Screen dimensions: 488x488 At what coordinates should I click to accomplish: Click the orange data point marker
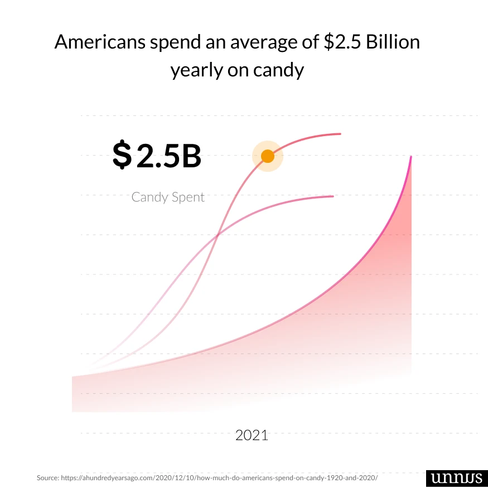(268, 156)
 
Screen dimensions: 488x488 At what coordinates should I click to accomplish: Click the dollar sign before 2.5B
(122, 155)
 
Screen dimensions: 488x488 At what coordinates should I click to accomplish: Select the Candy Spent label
(168, 197)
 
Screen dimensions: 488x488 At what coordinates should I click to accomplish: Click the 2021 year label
(252, 435)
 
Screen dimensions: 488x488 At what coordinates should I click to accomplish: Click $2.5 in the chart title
(342, 42)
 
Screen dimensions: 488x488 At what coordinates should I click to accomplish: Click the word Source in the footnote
(47, 478)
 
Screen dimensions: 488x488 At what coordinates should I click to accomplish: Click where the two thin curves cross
(216, 235)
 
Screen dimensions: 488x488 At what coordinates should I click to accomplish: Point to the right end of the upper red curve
(340, 134)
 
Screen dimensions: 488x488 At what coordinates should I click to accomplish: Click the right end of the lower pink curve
(333, 196)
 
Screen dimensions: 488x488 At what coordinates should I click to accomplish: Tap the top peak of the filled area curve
(411, 157)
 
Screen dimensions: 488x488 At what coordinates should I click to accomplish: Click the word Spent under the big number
(189, 197)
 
